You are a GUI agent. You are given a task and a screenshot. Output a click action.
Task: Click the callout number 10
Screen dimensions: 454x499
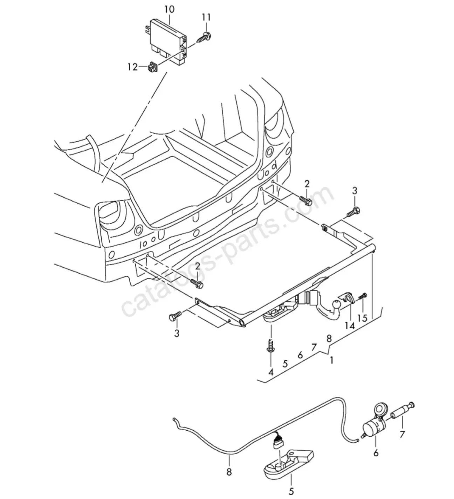[x=170, y=10]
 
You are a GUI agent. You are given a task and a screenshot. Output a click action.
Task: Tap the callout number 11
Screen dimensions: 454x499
[x=206, y=18]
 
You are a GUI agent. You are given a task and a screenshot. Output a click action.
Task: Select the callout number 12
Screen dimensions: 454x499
[x=133, y=67]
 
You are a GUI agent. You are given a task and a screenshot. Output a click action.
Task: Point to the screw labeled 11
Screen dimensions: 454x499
[x=203, y=37]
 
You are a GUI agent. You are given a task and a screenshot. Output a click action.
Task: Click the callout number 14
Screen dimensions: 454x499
[x=350, y=326]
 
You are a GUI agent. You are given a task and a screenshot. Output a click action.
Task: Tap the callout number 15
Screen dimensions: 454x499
[x=363, y=318]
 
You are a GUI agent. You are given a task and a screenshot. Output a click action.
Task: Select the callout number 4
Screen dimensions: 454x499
[x=271, y=372]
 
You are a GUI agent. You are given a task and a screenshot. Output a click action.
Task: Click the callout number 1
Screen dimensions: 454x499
[x=331, y=360]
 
